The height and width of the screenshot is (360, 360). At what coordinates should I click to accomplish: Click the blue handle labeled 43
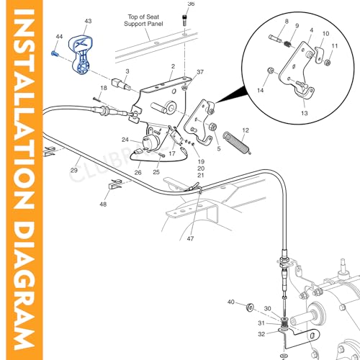82,55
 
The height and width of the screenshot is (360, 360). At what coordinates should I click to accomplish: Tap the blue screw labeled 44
55,52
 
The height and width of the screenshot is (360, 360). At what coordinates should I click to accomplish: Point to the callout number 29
74,170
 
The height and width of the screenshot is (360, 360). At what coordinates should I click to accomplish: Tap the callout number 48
103,204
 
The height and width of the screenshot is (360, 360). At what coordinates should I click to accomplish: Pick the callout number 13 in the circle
304,114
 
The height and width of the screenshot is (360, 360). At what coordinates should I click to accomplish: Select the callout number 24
125,140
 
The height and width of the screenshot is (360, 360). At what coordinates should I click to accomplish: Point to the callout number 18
104,88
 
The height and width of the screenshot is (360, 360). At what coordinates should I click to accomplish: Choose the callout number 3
127,71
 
